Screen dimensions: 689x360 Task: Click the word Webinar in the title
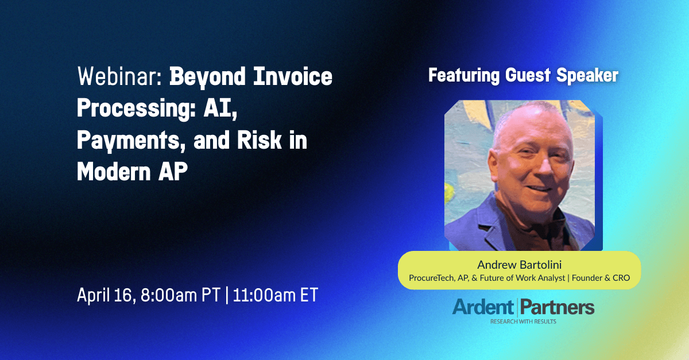tap(119, 76)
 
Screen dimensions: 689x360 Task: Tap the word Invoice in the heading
tap(293, 76)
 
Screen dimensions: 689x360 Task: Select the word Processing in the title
tap(136, 109)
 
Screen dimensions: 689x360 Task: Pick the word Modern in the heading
tap(114, 172)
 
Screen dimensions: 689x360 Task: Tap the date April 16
tap(106, 295)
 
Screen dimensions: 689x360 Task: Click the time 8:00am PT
tap(180, 295)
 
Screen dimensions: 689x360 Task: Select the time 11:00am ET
tap(275, 295)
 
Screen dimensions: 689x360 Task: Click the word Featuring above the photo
tap(464, 76)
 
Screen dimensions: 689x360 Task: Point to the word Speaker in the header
tap(587, 76)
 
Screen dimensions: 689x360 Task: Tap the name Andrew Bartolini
tap(519, 265)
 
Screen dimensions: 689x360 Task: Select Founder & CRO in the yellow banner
tap(601, 278)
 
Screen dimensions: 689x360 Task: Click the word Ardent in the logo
tap(483, 307)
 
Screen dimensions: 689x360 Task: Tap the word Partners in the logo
tap(558, 307)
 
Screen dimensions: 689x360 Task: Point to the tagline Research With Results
tap(523, 322)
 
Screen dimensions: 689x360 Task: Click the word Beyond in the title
tap(208, 77)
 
